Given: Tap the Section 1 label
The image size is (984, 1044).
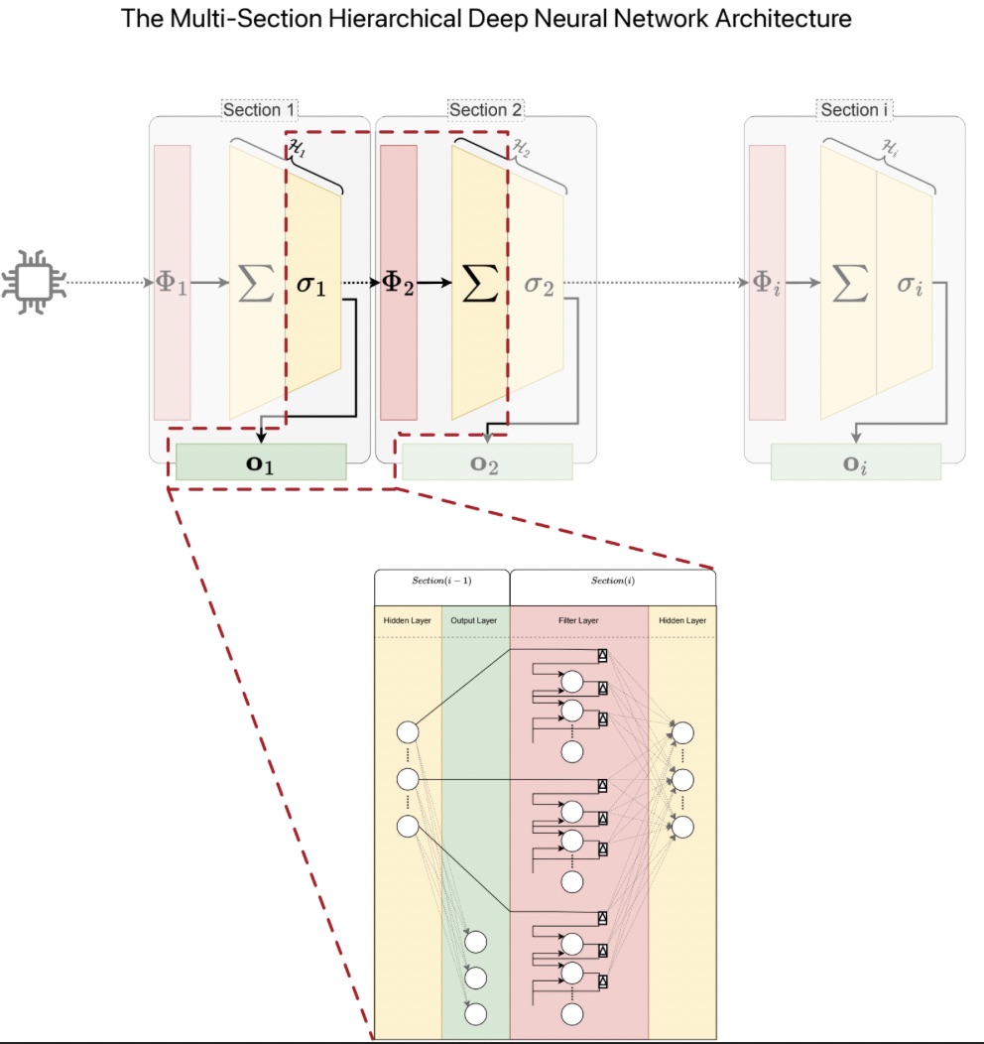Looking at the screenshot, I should (260, 110).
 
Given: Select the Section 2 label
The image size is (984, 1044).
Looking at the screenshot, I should (485, 110).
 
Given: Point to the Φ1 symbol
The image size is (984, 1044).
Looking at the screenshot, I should (172, 284).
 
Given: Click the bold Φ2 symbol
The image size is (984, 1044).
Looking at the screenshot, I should (398, 284).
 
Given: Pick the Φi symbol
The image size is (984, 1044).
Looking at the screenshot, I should (767, 284).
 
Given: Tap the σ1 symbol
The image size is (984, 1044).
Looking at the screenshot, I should (310, 285).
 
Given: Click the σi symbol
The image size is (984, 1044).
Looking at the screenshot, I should (910, 285).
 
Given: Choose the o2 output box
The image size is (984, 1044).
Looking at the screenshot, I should (486, 463).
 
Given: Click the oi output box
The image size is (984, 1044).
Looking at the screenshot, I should (855, 463).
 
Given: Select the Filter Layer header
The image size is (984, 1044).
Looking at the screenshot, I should (578, 621).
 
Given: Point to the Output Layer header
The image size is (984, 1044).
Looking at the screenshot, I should (474, 621).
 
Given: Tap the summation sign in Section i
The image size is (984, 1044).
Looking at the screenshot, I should (848, 284).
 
